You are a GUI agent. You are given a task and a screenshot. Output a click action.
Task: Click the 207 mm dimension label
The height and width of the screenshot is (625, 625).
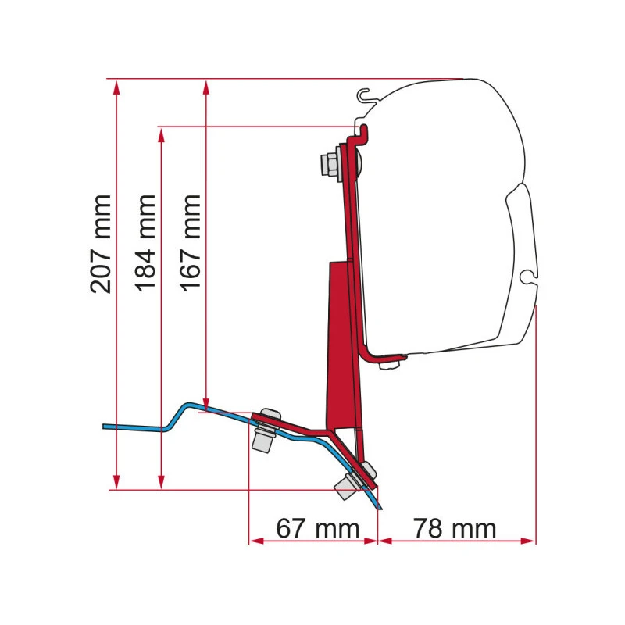click(101, 244)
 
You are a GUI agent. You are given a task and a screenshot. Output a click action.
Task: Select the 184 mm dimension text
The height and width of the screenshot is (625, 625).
click(145, 243)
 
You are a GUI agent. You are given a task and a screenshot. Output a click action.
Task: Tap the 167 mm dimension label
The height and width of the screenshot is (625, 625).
click(190, 243)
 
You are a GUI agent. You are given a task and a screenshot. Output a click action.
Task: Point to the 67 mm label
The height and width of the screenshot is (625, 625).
click(318, 529)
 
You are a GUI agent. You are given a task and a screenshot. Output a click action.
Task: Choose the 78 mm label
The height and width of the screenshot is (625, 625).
click(455, 529)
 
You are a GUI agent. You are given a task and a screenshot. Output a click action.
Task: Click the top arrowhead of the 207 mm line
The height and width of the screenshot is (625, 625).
click(116, 87)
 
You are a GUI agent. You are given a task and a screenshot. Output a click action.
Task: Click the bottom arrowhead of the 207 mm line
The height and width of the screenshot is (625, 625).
click(116, 482)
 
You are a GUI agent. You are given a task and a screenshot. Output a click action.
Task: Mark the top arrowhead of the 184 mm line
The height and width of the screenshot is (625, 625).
click(161, 134)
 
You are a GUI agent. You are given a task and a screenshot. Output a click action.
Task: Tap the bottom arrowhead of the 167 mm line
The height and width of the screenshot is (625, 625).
click(206, 403)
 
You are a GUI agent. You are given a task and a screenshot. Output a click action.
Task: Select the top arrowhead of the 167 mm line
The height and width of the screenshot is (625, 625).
click(206, 87)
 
